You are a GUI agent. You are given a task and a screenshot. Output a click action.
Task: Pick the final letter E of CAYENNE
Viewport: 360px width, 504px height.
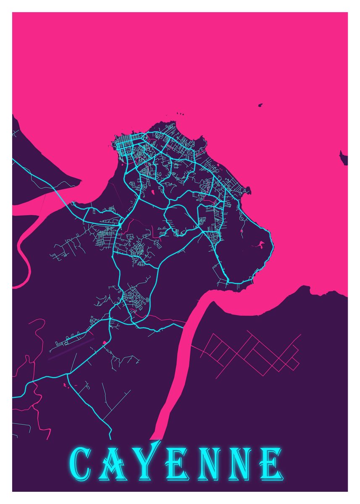270,465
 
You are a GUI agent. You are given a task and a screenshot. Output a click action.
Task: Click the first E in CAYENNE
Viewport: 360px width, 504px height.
176,465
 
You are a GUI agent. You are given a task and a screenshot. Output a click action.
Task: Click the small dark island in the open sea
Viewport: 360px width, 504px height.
260,105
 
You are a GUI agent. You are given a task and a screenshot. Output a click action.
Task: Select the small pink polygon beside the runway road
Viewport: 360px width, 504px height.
104,343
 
